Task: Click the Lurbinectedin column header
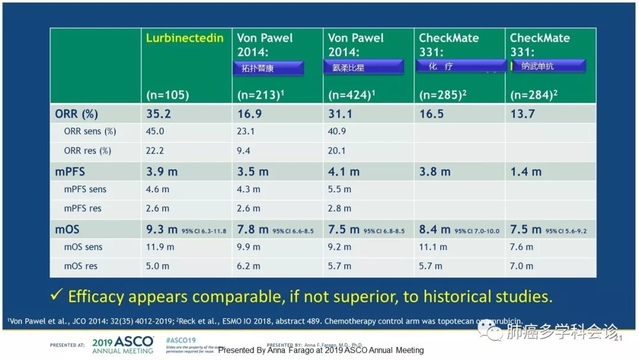pos(185,38)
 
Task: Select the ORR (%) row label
pos(76,114)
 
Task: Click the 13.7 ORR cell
pos(522,114)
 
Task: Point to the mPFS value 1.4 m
pos(525,172)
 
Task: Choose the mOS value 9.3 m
pos(162,229)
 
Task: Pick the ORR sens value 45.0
pos(156,131)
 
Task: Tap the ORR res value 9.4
pos(244,150)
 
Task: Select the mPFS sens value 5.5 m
pos(340,189)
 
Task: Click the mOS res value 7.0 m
pos(521,266)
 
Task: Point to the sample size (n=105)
pos(167,95)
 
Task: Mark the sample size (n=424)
pos(350,95)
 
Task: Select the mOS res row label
pos(81,266)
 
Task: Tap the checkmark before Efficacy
pos(57,295)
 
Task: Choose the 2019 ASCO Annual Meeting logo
pos(122,345)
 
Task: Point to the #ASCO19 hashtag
pos(180,340)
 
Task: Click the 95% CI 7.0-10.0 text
pos(477,231)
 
